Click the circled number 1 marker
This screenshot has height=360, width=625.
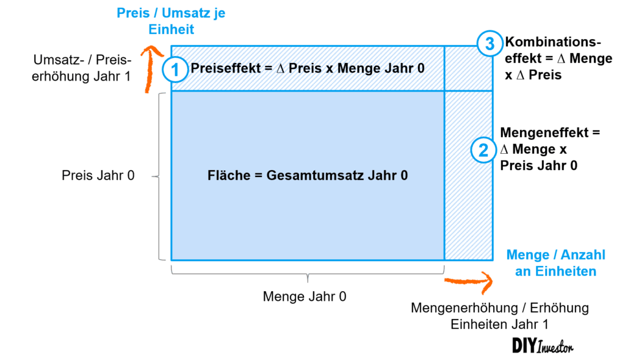click(175, 70)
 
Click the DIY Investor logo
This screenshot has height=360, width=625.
click(543, 345)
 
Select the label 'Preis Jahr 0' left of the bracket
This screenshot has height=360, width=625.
click(98, 176)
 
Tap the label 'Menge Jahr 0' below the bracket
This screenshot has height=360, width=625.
click(305, 297)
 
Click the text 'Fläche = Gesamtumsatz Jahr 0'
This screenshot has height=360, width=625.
click(308, 176)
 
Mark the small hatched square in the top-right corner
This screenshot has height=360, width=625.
click(468, 68)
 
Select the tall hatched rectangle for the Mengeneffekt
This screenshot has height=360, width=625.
click(468, 176)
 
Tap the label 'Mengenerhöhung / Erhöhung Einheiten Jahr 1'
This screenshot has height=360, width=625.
click(500, 316)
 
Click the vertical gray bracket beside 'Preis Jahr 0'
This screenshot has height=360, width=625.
click(160, 176)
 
